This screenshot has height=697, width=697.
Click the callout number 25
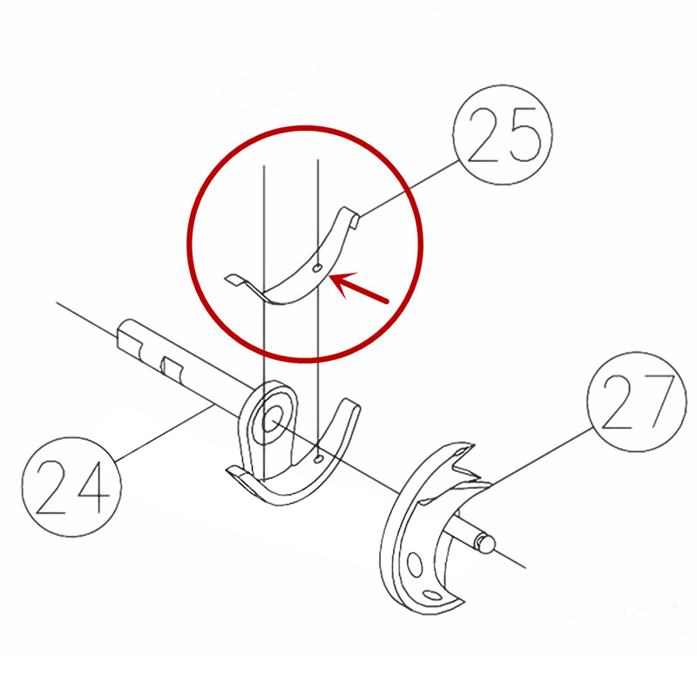pyautogui.click(x=504, y=135)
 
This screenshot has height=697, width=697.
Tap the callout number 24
pyautogui.click(x=72, y=486)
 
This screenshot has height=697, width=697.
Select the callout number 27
pyautogui.click(x=638, y=403)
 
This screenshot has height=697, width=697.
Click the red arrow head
pyautogui.click(x=342, y=285)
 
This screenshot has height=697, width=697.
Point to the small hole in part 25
pyautogui.click(x=316, y=268)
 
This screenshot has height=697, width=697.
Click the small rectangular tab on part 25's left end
pyautogui.click(x=233, y=280)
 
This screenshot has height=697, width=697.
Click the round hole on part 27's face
pyautogui.click(x=415, y=565)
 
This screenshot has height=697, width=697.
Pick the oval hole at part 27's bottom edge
pyautogui.click(x=432, y=595)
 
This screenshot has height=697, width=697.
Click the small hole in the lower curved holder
pyautogui.click(x=317, y=459)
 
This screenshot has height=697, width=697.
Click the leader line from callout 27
pyautogui.click(x=540, y=457)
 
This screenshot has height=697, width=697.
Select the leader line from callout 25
pyautogui.click(x=409, y=188)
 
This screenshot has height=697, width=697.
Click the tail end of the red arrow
pyautogui.click(x=387, y=301)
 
